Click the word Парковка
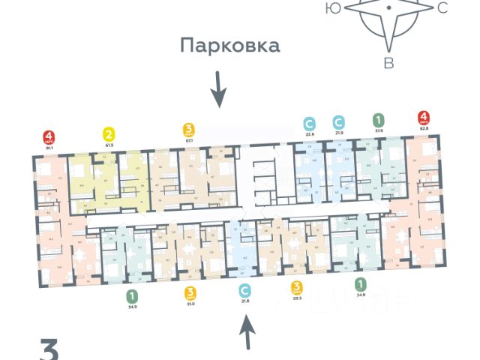click(x=229, y=46)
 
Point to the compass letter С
click(x=442, y=9)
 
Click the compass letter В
click(x=388, y=63)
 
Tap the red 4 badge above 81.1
click(x=49, y=138)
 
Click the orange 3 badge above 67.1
click(x=190, y=128)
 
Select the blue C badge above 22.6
click(x=309, y=122)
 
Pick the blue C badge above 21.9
click(x=339, y=121)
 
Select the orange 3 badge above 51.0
click(x=190, y=293)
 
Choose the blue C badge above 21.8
click(x=243, y=289)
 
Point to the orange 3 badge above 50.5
click(x=298, y=286)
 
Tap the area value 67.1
click(x=190, y=139)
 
